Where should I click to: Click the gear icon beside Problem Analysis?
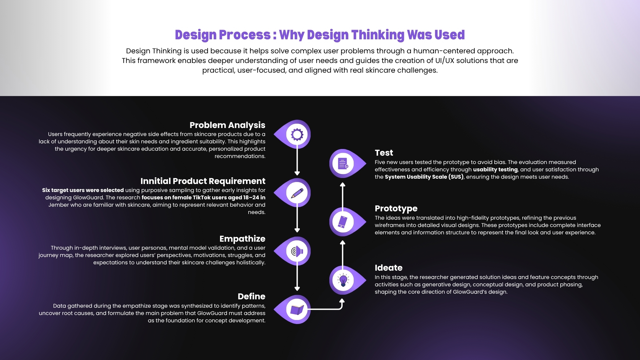click(297, 134)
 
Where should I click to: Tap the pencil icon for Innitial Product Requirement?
click(297, 193)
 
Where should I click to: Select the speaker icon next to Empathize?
click(297, 251)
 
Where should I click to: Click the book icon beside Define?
click(297, 310)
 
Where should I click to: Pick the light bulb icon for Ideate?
click(343, 280)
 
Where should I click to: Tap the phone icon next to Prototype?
click(343, 222)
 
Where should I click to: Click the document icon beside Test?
click(343, 164)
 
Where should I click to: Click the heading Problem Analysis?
click(227, 125)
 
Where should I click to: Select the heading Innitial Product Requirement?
click(203, 181)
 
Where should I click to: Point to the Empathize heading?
click(242, 239)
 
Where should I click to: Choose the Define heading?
click(251, 296)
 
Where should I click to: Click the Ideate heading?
click(388, 268)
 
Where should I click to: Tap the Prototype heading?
click(396, 209)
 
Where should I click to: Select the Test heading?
click(384, 153)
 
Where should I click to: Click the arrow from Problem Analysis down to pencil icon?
click(297, 161)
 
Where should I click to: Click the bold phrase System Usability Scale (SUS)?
click(424, 177)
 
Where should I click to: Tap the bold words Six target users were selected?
click(83, 190)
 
